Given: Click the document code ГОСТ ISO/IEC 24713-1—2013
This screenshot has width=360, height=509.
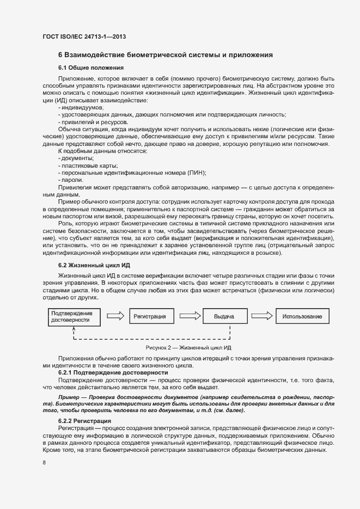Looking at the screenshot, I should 84,37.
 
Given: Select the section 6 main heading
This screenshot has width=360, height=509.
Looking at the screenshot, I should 165,55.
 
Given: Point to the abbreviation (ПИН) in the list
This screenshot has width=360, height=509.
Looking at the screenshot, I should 197,173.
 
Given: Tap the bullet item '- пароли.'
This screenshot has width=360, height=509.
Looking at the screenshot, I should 71,180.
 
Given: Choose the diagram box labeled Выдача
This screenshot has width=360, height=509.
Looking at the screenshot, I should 224,316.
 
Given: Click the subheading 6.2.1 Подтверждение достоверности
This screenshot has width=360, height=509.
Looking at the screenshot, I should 113,372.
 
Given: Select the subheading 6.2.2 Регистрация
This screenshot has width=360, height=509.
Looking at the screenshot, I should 84,422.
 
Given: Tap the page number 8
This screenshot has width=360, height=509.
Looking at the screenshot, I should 44,462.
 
